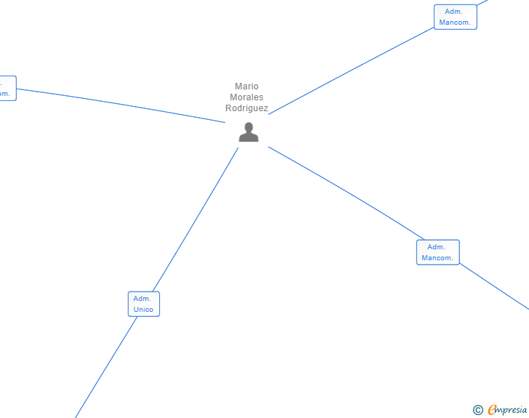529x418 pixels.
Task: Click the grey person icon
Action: [x=249, y=132]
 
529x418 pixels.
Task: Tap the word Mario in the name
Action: [x=246, y=87]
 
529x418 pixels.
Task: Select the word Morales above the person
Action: [x=246, y=97]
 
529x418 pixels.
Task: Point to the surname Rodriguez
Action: [x=246, y=108]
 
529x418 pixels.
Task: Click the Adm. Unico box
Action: [x=143, y=304]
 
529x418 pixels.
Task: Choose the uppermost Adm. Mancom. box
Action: [x=455, y=17]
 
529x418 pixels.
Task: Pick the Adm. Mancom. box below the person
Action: [x=437, y=252]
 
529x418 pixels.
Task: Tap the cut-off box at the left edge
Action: [x=7, y=88]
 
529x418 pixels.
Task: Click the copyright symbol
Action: [x=478, y=410]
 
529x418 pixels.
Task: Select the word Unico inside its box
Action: [x=143, y=310]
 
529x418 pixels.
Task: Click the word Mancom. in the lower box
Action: [x=437, y=258]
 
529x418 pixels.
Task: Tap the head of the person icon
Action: [x=249, y=127]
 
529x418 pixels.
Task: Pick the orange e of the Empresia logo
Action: [x=492, y=410]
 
